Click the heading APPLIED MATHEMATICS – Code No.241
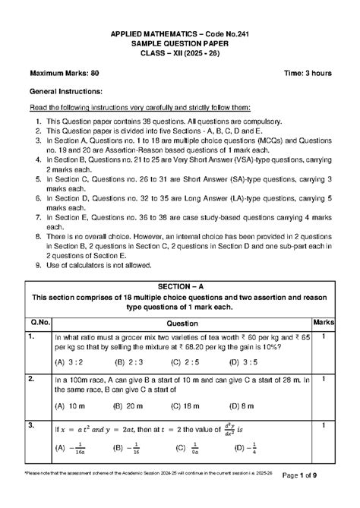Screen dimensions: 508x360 coord(180,36)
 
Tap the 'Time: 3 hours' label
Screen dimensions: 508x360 coord(308,73)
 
